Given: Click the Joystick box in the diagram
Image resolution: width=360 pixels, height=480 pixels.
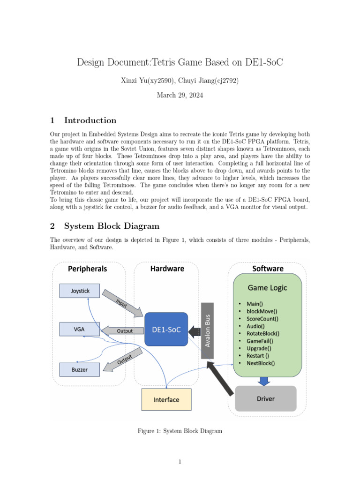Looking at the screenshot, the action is (x=79, y=291).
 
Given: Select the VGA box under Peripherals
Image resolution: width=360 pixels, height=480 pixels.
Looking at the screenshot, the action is (x=79, y=329).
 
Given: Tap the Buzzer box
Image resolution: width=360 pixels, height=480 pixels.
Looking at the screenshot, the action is (x=79, y=369).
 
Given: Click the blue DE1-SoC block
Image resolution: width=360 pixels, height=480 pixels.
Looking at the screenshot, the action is (x=166, y=330).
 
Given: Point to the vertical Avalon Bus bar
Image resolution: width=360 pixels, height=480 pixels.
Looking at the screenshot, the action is (x=207, y=330).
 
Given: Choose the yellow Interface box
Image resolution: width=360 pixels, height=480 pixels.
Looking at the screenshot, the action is (x=166, y=399).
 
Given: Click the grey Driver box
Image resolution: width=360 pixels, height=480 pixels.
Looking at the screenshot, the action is (x=265, y=398).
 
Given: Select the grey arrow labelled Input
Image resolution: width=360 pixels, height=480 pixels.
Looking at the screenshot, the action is (x=122, y=303).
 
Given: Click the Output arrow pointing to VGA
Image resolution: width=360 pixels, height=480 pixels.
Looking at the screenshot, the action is (x=122, y=330).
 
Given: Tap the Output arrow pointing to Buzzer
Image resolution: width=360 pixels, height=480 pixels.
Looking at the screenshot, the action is (x=123, y=360).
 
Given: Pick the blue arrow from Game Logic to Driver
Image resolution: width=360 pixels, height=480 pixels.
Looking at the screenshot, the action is (x=264, y=381).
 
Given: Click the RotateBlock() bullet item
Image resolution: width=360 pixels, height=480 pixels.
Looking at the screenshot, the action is (x=263, y=333).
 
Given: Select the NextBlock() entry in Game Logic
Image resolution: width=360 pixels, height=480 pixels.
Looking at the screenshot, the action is (x=261, y=363).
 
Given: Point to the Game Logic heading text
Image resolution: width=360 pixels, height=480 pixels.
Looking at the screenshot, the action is (x=267, y=288).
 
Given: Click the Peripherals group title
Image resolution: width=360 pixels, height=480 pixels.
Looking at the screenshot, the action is (x=87, y=269).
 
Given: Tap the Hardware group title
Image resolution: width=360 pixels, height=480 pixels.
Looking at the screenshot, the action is (x=167, y=269).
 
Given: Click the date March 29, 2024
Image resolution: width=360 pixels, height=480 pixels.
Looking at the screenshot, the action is (x=180, y=95).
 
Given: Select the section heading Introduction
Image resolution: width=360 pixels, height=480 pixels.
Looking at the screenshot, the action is (x=90, y=120).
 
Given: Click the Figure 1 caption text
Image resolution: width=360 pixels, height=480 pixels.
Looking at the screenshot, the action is (x=180, y=431).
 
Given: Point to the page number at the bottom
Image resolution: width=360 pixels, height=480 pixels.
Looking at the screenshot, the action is (x=180, y=462).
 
